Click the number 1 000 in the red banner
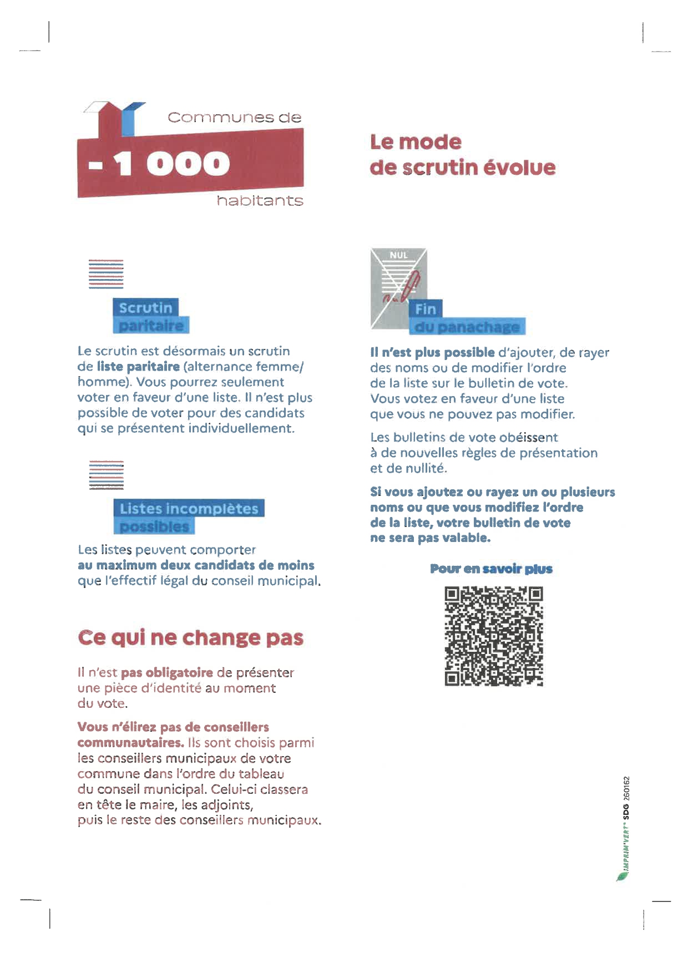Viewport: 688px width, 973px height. coord(172,164)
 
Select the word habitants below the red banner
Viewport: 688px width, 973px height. coord(260,200)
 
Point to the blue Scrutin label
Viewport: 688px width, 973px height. coord(145,308)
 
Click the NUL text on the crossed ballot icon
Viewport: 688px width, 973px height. coord(398,255)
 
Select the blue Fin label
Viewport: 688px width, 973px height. coord(426,309)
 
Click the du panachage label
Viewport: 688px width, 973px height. coord(467,327)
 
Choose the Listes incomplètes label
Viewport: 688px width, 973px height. coord(189,508)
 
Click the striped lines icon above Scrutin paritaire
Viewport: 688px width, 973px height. coord(106,274)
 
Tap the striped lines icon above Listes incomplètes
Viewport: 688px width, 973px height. coord(106,475)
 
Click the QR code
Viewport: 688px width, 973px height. coord(493,636)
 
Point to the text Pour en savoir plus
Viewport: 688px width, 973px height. coord(491,569)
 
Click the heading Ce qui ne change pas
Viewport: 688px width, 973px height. coord(191,638)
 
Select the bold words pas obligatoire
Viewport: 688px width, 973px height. coord(167,673)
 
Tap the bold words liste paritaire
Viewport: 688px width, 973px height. coord(138,367)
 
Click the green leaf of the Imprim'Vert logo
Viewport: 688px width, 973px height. coord(621,876)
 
